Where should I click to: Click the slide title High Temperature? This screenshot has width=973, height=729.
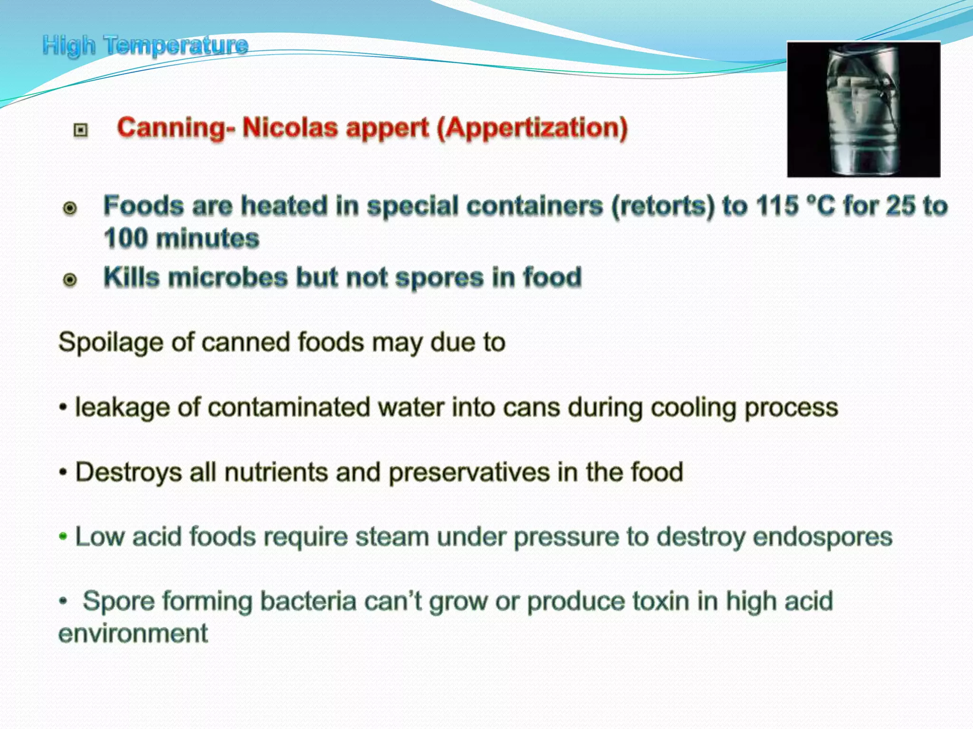coord(145,46)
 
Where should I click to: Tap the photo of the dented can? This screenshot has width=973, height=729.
coord(863,109)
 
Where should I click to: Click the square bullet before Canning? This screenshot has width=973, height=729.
coord(81,130)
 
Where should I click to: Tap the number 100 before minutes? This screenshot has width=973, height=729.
coord(126,238)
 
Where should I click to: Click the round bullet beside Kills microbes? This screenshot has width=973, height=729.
coord(70,280)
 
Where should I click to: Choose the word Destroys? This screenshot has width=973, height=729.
coord(129,472)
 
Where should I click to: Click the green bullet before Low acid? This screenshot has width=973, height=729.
coord(63,537)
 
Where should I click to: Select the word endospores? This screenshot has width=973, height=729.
coord(822,537)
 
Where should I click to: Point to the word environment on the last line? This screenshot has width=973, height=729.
coord(133,634)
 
